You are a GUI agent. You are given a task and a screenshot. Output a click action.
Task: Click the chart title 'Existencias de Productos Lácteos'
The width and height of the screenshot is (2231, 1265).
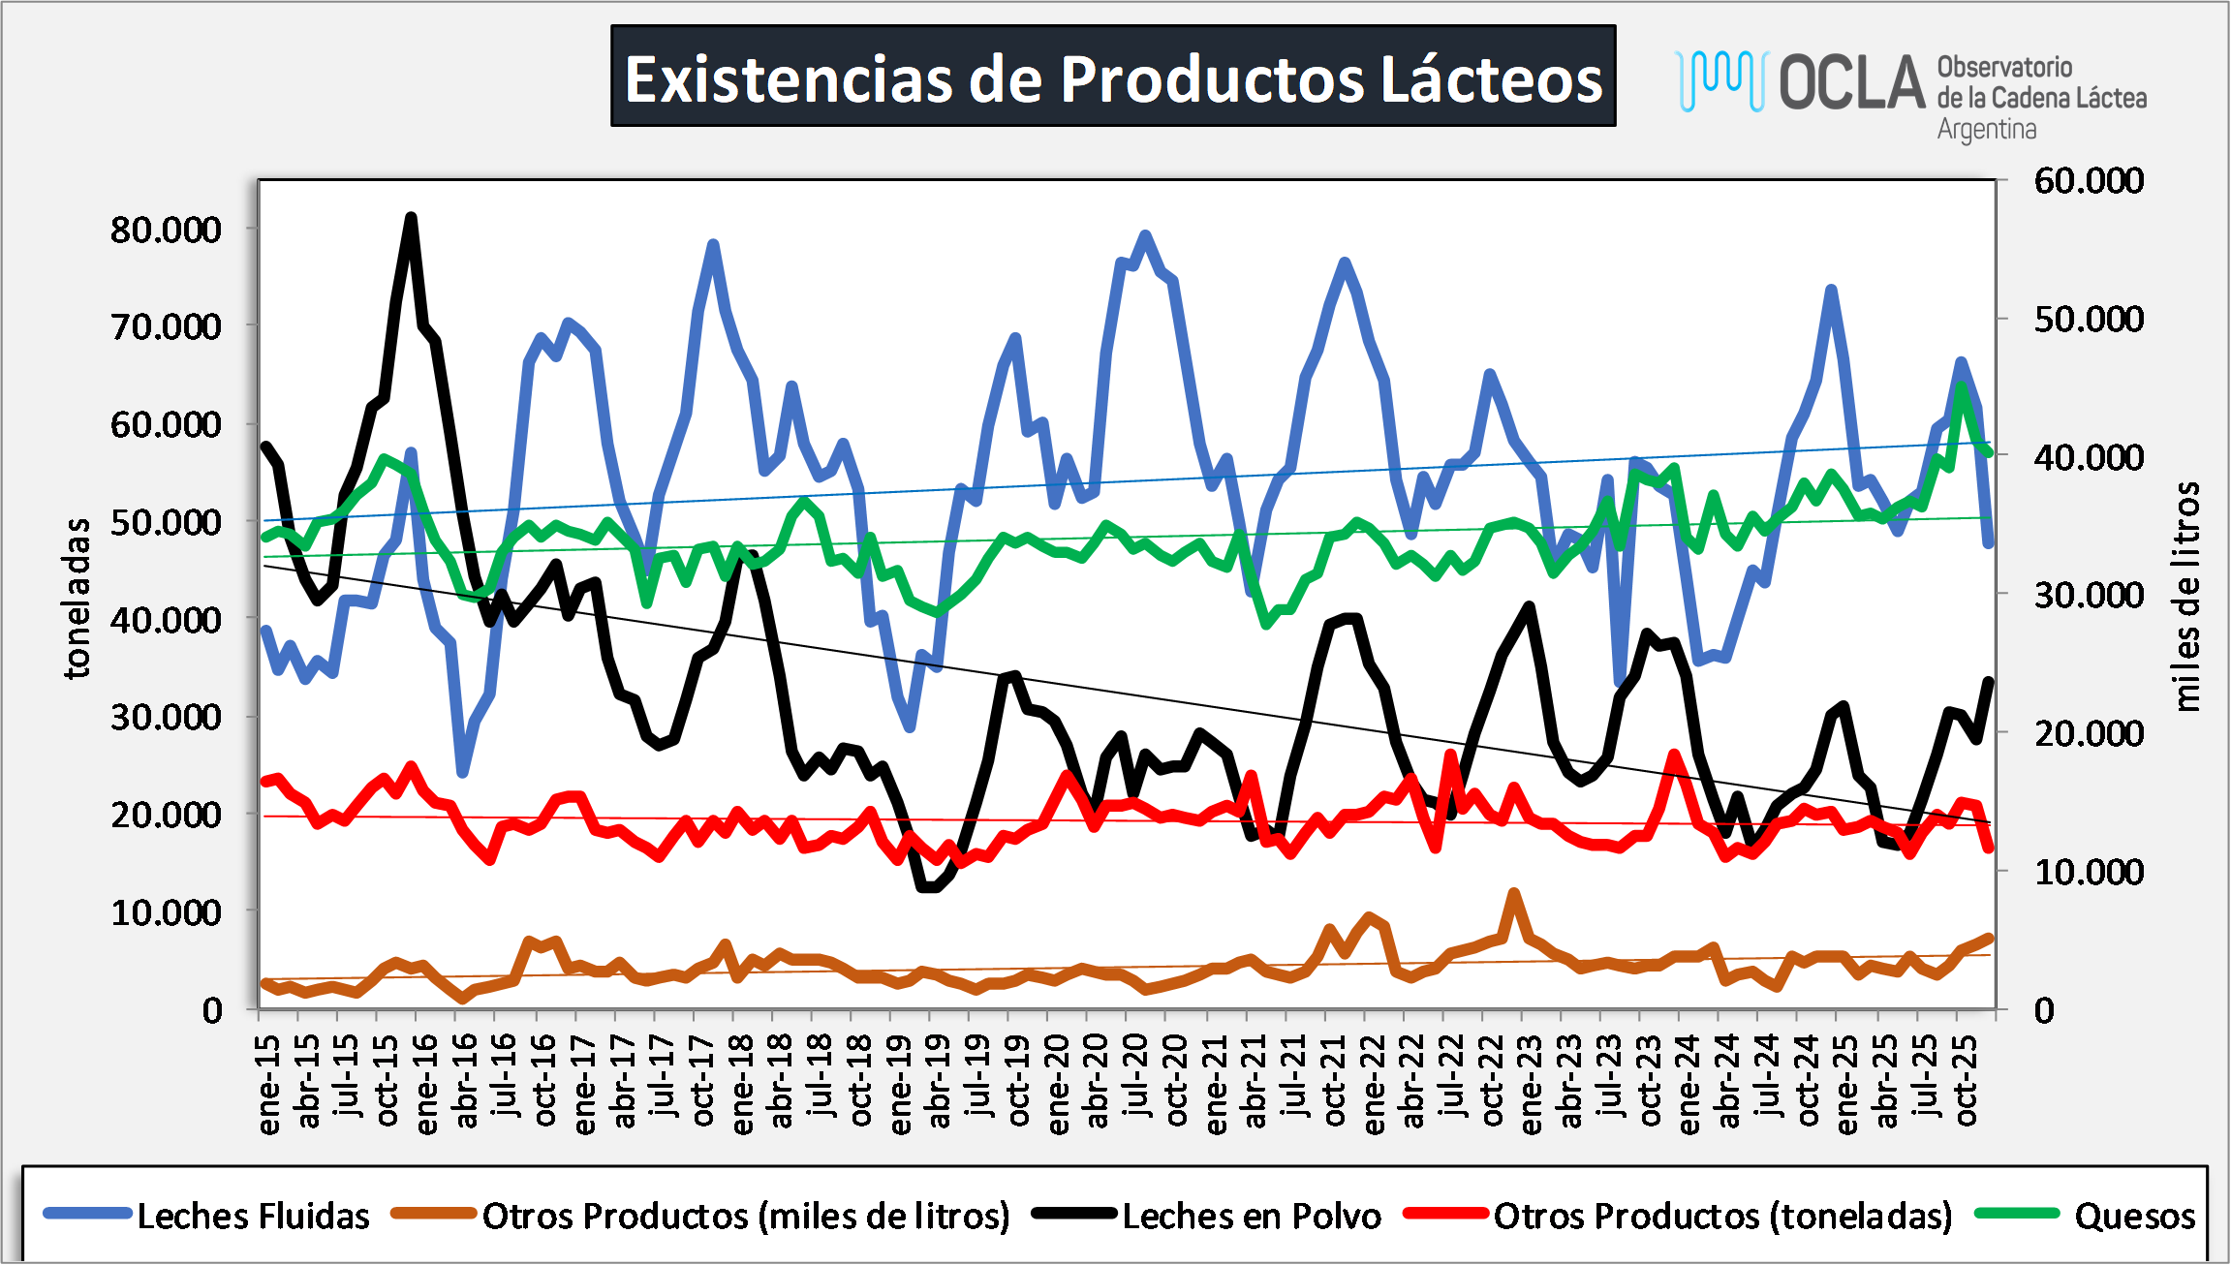1113,77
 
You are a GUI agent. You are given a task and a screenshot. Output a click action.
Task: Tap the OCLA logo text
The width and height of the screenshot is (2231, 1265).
1851,83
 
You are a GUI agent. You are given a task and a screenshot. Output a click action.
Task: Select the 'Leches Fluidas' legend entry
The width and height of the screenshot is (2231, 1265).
252,1216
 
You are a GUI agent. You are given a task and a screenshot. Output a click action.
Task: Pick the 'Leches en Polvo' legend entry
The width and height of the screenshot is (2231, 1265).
1251,1216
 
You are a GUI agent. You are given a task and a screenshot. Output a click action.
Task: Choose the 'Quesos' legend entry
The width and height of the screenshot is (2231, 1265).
2134,1216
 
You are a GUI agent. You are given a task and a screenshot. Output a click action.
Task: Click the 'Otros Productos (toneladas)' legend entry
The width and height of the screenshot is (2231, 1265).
1722,1216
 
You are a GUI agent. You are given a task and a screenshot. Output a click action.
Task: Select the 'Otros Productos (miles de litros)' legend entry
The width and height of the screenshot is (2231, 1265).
746,1216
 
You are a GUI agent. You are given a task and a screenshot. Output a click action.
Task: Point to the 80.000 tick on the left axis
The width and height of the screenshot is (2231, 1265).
166,230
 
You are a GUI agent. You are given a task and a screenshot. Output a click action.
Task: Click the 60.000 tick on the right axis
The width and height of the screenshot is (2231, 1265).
2089,180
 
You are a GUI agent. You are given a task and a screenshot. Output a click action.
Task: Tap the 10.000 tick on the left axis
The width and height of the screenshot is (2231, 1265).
166,912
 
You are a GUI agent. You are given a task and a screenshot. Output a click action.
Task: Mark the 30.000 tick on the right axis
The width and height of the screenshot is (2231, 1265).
2089,595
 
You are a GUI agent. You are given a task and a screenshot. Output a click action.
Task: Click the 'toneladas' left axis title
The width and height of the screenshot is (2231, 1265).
77,598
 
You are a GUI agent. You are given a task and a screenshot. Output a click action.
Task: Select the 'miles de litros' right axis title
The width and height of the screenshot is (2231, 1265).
2186,596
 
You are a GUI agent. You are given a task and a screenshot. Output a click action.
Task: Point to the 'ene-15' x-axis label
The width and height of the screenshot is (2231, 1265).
268,1083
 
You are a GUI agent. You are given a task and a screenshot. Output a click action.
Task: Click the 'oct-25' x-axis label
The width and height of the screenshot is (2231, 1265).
1966,1079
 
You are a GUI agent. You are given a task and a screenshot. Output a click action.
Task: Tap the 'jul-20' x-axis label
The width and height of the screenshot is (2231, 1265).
1136,1076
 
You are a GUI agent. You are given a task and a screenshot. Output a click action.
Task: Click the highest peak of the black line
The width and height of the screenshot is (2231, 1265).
411,217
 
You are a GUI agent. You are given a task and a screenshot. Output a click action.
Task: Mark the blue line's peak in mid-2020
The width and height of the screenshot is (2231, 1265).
1145,234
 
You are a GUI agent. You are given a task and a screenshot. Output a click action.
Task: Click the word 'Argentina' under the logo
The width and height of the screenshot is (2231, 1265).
1986,129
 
